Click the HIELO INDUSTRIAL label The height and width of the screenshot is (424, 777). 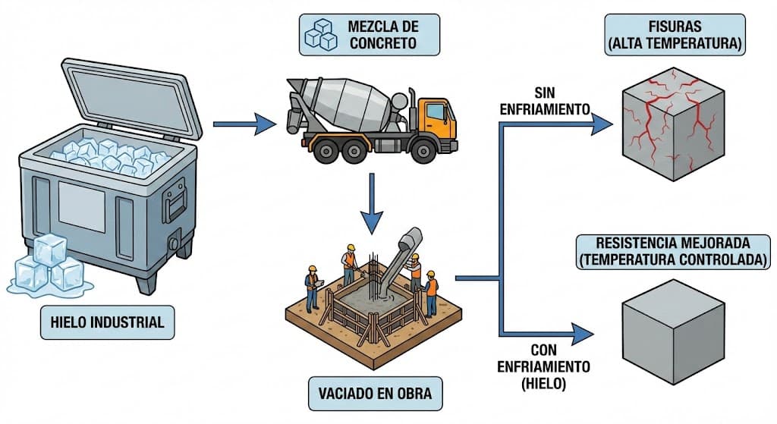(107, 322)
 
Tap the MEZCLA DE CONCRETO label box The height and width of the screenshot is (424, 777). (369, 35)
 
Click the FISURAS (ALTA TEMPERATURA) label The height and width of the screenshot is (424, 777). (674, 35)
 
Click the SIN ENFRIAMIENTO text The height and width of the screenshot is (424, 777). (545, 102)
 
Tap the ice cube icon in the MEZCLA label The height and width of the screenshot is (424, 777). (321, 35)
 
